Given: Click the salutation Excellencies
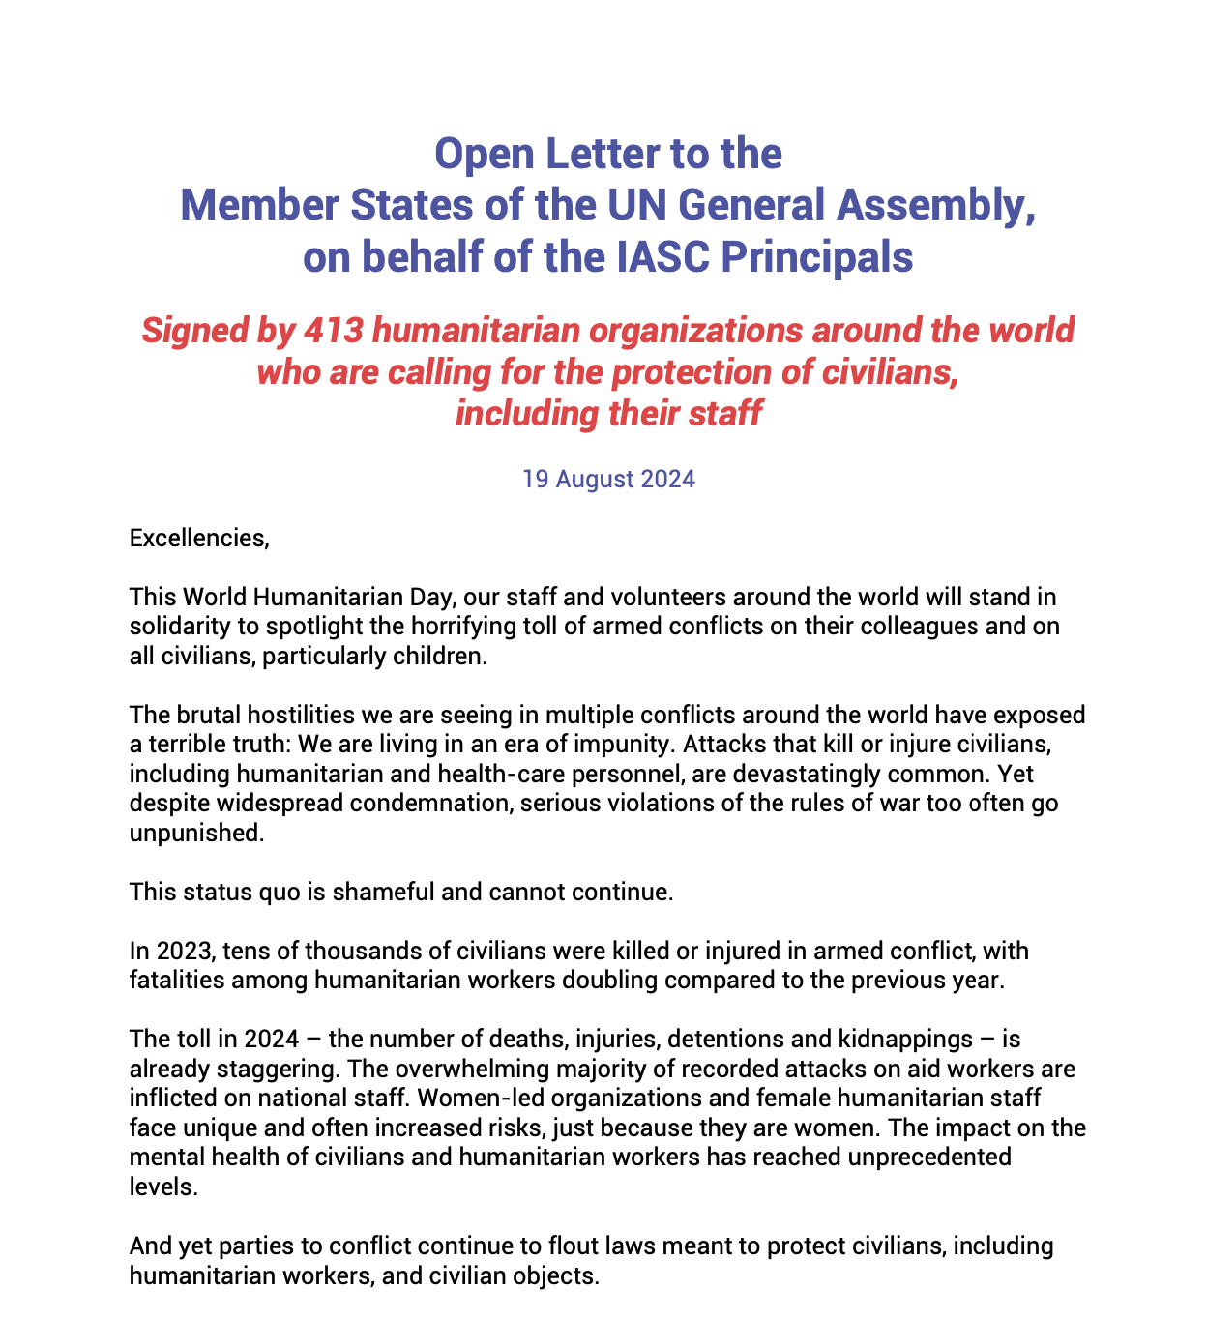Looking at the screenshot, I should pos(198,538).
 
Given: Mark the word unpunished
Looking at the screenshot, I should pos(196,834).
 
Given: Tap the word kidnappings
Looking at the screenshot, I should pos(908,1040).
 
